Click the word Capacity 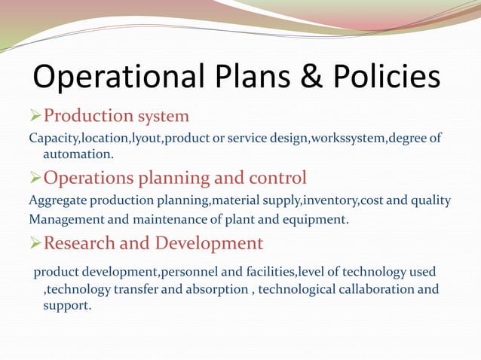53,139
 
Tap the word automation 78,154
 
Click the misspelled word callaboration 372,289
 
